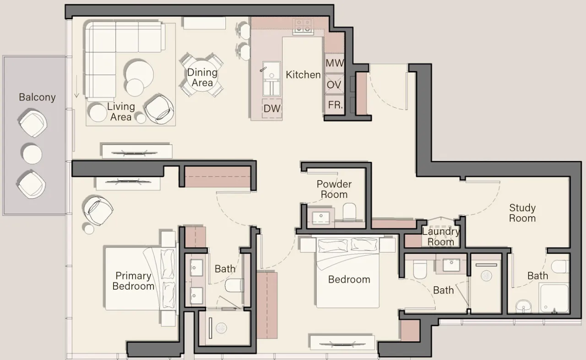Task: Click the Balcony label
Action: (37, 97)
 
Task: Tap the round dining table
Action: (202, 76)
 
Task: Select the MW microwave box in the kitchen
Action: (335, 63)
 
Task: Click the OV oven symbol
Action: (335, 84)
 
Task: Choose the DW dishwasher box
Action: (272, 108)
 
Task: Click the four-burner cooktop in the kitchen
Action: (303, 26)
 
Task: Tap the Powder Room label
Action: (334, 189)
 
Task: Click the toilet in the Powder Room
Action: (350, 211)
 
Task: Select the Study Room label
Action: (523, 213)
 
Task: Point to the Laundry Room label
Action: (441, 237)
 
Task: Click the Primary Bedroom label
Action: (133, 281)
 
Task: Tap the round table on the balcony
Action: (32, 154)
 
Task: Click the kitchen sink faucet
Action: (263, 69)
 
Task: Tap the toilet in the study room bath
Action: (560, 267)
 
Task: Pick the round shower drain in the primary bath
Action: (221, 328)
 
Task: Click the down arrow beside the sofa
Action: (76, 87)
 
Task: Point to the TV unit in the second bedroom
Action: (342, 343)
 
